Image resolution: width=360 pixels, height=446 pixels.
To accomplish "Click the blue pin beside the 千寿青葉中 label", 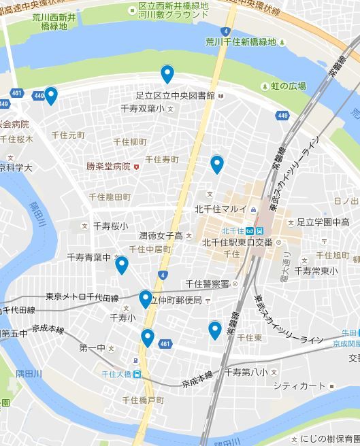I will coord(121,264).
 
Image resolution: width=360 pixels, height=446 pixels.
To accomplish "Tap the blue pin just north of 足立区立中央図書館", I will coord(167,73).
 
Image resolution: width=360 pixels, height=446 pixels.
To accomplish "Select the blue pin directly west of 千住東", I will coord(215,330).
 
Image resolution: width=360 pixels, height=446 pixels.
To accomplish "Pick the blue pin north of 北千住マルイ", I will coord(216,164).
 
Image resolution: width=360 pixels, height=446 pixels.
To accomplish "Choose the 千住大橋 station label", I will coord(116,374).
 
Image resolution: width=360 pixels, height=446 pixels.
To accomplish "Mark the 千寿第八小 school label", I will coord(246,372).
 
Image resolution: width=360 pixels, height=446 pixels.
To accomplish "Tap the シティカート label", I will coord(299,386).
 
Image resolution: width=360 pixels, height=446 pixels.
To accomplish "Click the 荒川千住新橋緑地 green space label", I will coord(241,42).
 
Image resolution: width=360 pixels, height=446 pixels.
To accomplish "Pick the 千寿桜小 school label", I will coord(110,226).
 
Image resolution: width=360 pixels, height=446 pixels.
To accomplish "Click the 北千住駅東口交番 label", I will coord(238,242).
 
